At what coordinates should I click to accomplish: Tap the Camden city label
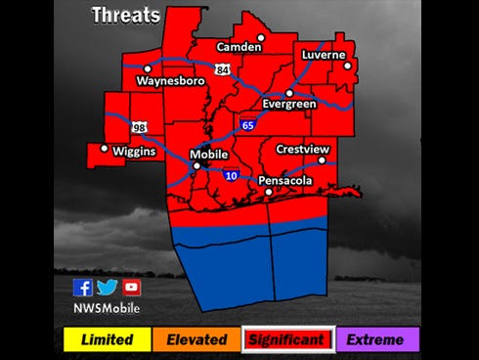point(239,47)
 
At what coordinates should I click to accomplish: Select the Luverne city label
point(324,55)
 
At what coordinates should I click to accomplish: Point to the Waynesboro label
point(170,81)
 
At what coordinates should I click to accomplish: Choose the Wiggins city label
point(134,152)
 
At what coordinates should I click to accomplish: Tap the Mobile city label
point(208,155)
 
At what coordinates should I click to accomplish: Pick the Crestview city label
point(302,150)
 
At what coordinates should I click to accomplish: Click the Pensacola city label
point(285,182)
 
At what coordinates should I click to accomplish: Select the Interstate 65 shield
point(249,125)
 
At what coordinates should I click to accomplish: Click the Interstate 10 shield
point(231,175)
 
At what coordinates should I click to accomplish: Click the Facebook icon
point(83,287)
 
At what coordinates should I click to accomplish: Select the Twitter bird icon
point(107,287)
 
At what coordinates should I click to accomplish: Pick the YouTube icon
point(131,287)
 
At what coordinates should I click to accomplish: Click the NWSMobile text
point(107,308)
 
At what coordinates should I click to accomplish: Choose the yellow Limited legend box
point(107,339)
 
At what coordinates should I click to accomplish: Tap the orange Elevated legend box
point(196,339)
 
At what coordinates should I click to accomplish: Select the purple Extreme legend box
point(376,339)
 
